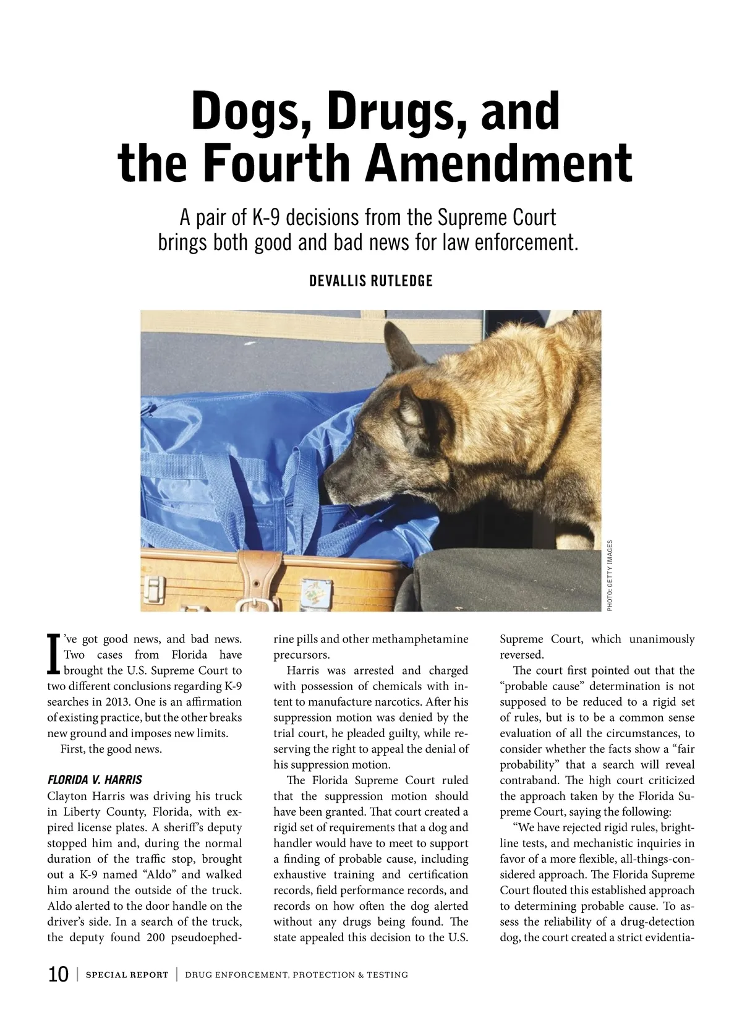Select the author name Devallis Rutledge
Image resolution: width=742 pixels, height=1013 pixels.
tap(370, 281)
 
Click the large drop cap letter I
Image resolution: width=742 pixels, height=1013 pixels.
tap(54, 654)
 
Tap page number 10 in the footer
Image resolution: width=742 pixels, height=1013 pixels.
tap(58, 975)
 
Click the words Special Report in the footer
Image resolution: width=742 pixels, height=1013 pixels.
tap(127, 975)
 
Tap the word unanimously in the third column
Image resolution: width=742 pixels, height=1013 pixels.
tap(662, 639)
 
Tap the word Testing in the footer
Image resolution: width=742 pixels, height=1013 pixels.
tap(387, 975)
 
